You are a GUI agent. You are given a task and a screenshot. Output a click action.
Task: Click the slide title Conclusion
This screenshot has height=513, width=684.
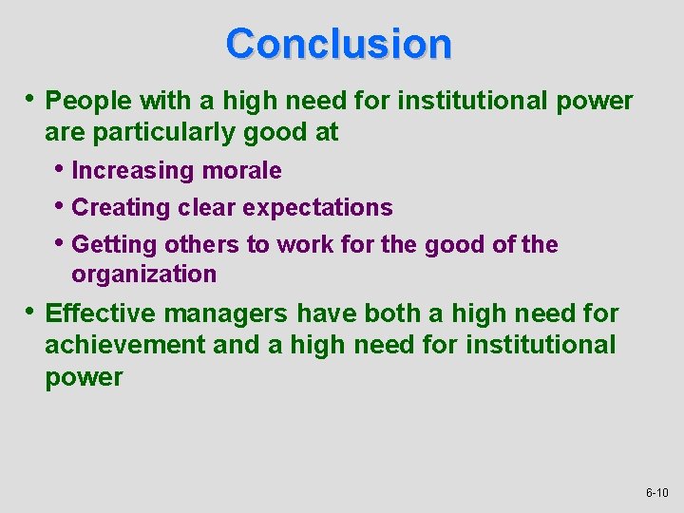(x=339, y=44)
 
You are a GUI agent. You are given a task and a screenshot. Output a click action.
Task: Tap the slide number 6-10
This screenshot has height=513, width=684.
(x=656, y=493)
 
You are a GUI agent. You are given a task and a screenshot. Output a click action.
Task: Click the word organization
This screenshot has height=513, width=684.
(x=144, y=275)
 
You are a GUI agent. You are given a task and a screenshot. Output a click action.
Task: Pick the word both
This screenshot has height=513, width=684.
(x=389, y=313)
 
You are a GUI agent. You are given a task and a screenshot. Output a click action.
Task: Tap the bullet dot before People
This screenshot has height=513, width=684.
(x=31, y=99)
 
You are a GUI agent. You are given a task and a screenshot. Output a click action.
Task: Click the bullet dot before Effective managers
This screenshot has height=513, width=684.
(x=31, y=312)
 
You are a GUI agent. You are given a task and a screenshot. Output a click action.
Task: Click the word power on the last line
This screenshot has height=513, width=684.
(x=84, y=377)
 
